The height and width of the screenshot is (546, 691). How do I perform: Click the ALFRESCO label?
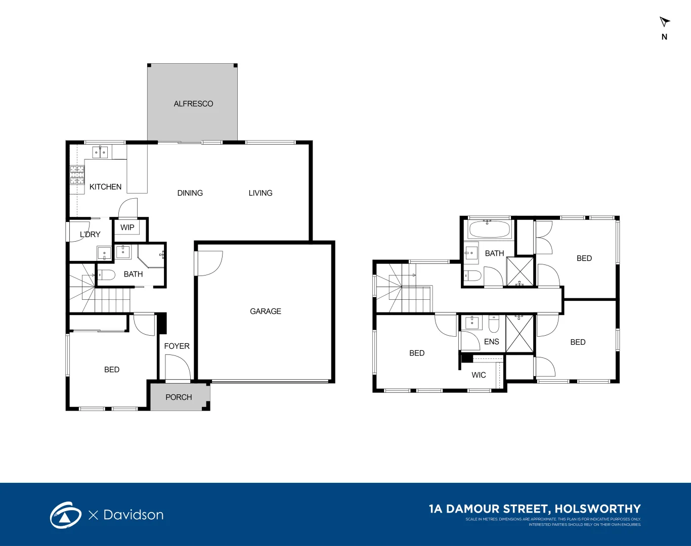[x=193, y=104]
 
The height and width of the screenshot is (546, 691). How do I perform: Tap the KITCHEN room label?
[x=105, y=187]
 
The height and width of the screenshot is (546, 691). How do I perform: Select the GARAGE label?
[x=266, y=311]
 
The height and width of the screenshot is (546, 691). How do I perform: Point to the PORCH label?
[x=179, y=397]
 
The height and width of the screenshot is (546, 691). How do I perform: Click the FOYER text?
[x=177, y=346]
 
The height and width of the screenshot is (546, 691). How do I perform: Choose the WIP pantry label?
[x=127, y=227]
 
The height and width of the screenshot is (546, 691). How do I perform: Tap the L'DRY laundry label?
[x=90, y=235]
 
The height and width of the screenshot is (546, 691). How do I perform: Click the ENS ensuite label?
[x=491, y=342]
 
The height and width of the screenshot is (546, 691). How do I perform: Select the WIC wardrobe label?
[x=479, y=375]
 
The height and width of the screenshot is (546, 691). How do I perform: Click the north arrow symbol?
[x=664, y=22]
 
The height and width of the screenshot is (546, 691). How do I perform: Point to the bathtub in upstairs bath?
[x=489, y=230]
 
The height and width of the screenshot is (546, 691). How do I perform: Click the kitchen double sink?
[x=100, y=152]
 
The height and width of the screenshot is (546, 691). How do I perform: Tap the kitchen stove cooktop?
[x=77, y=175]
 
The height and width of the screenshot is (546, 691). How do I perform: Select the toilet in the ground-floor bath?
[x=106, y=275]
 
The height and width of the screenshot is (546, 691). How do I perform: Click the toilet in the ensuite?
[x=494, y=323]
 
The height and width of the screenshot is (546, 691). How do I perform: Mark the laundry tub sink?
[x=104, y=253]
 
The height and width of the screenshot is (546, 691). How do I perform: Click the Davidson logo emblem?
[x=65, y=515]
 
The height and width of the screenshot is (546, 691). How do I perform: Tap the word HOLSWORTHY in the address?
[x=597, y=509]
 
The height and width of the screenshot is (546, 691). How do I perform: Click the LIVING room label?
[x=261, y=193]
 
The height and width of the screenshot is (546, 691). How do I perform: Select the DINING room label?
[x=190, y=193]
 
